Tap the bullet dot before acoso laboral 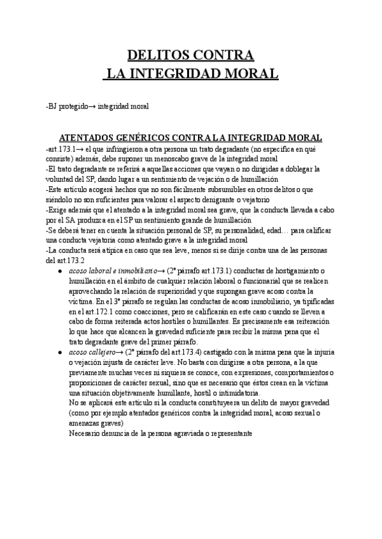point(59,271)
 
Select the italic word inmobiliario point(127,271)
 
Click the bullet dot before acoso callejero point(59,353)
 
